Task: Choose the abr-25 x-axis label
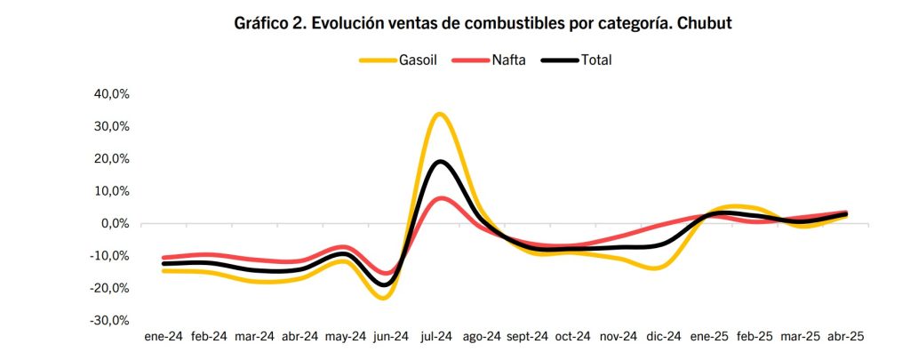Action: (846, 337)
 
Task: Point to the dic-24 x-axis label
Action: (663, 337)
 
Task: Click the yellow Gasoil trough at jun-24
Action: (383, 297)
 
